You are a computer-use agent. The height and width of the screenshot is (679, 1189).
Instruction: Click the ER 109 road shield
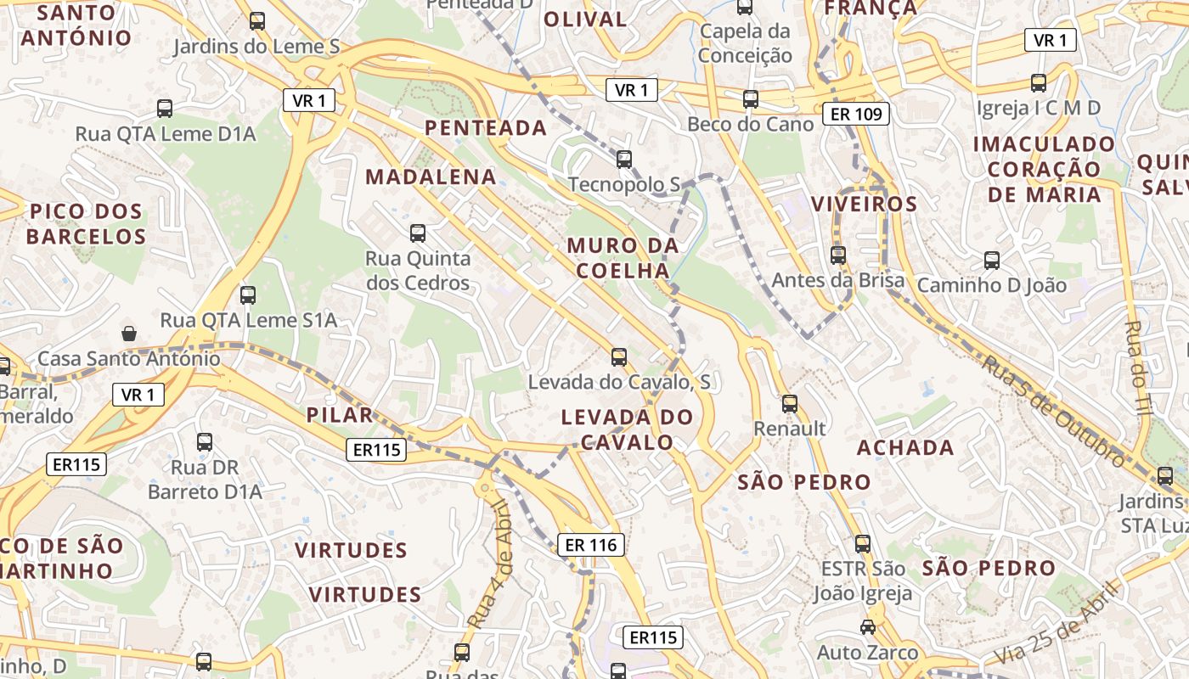click(855, 114)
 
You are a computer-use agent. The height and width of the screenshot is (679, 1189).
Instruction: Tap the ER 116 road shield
click(591, 545)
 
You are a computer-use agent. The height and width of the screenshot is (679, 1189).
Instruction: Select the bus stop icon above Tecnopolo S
click(624, 159)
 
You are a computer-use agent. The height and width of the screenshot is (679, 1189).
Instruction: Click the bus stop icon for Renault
click(790, 404)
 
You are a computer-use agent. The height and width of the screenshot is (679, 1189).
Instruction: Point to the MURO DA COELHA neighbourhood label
click(623, 258)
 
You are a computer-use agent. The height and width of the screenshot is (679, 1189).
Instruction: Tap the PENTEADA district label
click(486, 128)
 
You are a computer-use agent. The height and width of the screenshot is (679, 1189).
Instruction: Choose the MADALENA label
click(431, 177)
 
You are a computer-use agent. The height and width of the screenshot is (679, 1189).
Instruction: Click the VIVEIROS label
click(865, 204)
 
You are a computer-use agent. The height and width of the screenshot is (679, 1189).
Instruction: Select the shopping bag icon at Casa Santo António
click(129, 334)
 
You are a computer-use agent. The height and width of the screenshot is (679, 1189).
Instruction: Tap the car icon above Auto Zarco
click(867, 627)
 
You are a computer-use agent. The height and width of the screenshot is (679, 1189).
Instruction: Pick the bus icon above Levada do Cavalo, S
click(619, 357)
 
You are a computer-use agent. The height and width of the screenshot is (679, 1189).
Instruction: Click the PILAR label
click(340, 415)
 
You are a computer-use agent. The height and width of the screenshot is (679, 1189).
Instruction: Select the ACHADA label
click(905, 447)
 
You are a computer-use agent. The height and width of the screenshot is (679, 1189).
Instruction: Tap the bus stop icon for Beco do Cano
click(751, 99)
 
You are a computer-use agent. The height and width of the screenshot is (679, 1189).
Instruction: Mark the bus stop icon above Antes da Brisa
click(838, 255)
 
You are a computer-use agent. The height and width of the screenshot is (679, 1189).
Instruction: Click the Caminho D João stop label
click(991, 285)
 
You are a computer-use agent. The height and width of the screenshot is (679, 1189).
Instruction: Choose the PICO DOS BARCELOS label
click(86, 224)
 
